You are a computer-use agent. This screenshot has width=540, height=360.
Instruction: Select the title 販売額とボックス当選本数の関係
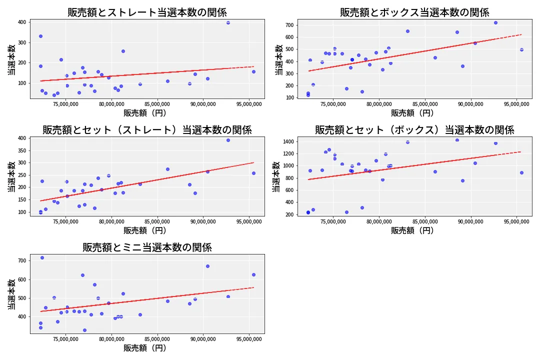(x=414, y=12)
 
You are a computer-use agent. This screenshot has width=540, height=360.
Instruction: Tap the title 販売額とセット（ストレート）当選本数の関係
(x=147, y=130)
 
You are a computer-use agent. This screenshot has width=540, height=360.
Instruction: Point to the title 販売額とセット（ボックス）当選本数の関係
(x=414, y=130)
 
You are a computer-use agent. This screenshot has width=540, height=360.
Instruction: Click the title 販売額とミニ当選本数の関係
(x=147, y=247)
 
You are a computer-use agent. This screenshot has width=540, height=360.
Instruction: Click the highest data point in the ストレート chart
(x=228, y=22)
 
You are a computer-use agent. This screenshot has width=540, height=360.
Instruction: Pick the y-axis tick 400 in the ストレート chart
(x=21, y=22)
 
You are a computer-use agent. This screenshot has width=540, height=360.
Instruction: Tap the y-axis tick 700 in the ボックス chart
(x=289, y=25)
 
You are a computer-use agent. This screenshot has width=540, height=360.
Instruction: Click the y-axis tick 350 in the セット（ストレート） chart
(x=21, y=150)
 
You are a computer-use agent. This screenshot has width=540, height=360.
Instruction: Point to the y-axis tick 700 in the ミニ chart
(x=21, y=261)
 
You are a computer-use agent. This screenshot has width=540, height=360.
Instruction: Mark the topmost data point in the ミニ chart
(x=42, y=257)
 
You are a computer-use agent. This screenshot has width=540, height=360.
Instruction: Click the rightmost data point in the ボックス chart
(x=521, y=49)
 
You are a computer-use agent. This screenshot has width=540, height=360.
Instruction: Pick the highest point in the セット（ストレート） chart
(x=228, y=140)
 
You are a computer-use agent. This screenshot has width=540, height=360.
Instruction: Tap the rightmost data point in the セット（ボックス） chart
(x=521, y=172)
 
